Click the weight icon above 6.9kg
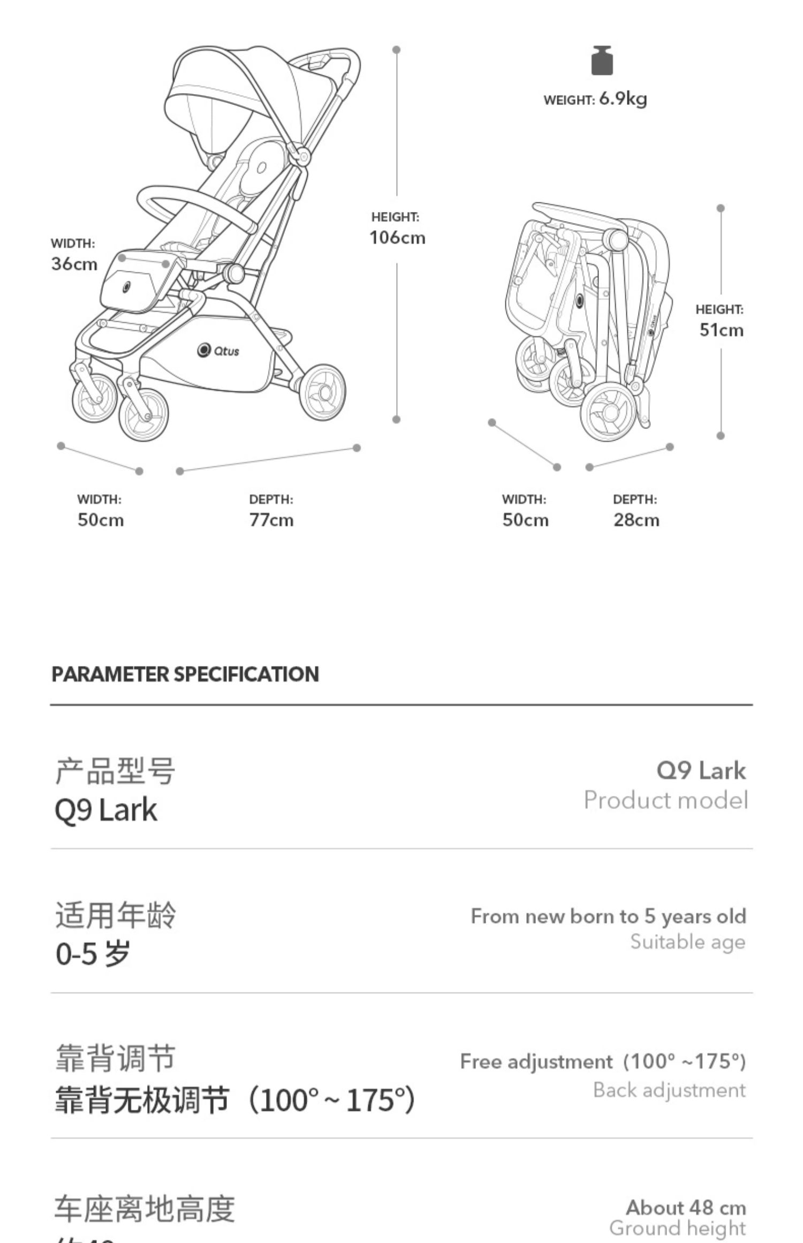602,60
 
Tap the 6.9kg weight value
623,99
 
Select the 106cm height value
397,237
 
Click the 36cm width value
74,264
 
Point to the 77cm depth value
271,520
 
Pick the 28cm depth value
636,520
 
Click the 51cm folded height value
721,330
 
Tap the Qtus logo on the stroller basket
218,351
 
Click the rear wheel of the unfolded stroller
322,392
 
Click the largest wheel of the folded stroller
610,411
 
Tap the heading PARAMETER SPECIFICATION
185,674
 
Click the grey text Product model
665,800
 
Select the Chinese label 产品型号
115,771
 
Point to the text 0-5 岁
93,953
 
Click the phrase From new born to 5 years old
608,916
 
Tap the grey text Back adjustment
669,1090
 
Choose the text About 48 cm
686,1208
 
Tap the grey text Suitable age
687,942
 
